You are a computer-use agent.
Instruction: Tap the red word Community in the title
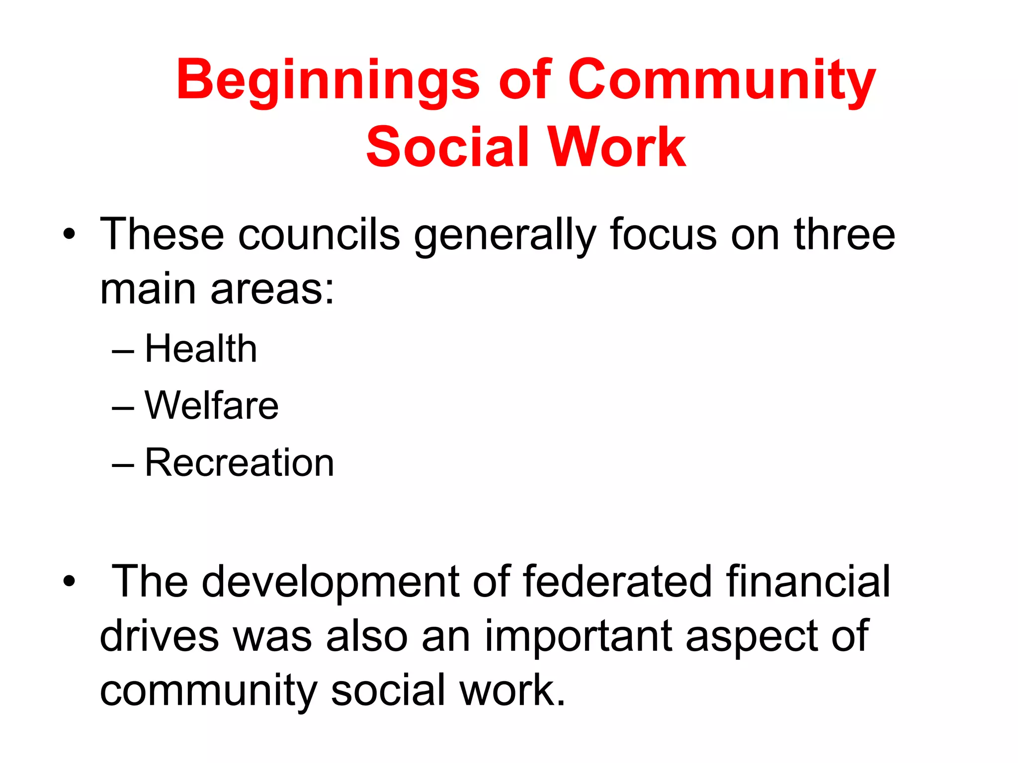pyautogui.click(x=721, y=81)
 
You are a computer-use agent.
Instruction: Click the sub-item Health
pyautogui.click(x=201, y=349)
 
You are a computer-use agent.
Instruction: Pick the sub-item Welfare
pyautogui.click(x=212, y=406)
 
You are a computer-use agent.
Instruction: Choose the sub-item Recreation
pyautogui.click(x=239, y=463)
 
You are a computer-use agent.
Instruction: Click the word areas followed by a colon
pyautogui.click(x=272, y=290)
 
